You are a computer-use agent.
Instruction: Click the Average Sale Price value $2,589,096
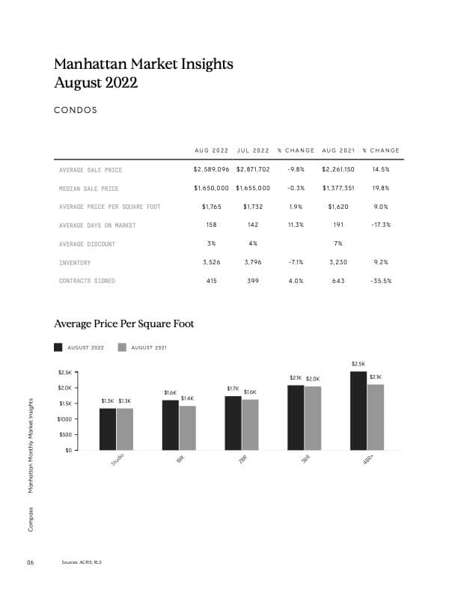point(213,170)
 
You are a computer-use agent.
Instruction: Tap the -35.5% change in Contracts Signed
point(381,281)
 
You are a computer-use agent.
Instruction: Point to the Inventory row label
point(75,263)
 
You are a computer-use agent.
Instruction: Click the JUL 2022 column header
point(253,150)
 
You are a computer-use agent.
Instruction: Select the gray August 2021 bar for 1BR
point(187,428)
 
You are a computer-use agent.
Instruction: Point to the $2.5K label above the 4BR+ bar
point(358,364)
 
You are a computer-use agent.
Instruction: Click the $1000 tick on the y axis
point(64,419)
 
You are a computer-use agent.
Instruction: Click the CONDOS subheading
point(76,111)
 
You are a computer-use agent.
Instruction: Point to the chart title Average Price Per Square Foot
point(124,324)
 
